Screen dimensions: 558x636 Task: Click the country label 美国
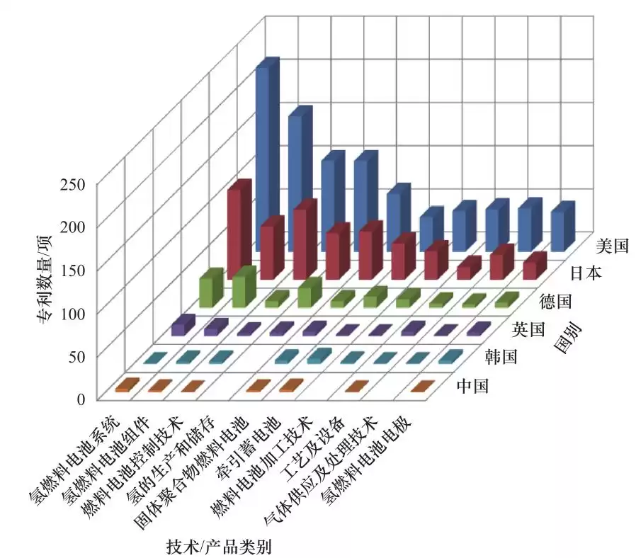[x=613, y=246]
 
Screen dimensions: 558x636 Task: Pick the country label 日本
[x=585, y=273]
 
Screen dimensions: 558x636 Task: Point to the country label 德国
[x=556, y=302]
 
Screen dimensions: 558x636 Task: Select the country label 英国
[x=528, y=329]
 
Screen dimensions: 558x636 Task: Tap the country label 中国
[x=472, y=386]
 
